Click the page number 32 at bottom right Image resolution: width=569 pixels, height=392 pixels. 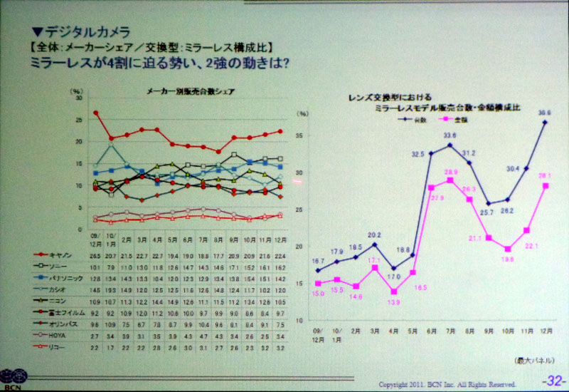click(551, 382)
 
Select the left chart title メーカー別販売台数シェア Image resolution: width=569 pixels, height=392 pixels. click(191, 91)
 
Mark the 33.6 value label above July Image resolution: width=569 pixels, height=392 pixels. click(450, 135)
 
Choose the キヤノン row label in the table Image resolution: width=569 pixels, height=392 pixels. click(59, 253)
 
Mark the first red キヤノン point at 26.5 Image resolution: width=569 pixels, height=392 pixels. click(95, 113)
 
